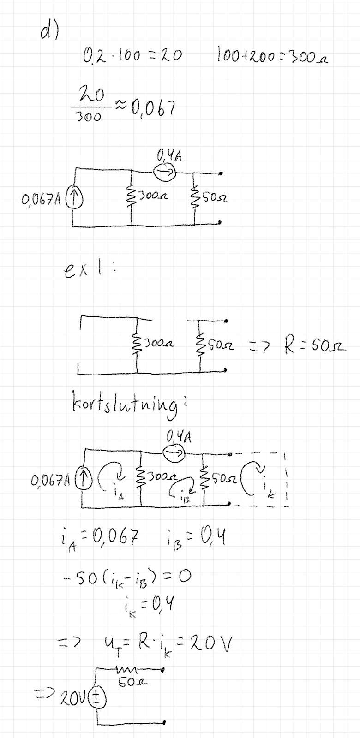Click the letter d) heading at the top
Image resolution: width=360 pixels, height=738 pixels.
(49, 32)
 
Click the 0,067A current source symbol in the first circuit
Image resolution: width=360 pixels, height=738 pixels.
(72, 199)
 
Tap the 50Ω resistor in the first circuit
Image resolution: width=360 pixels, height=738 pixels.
(194, 199)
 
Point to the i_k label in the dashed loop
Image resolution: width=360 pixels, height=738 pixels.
(268, 490)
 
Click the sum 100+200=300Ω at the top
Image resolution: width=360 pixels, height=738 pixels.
(272, 57)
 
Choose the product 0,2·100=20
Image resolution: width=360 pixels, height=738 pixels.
(132, 57)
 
